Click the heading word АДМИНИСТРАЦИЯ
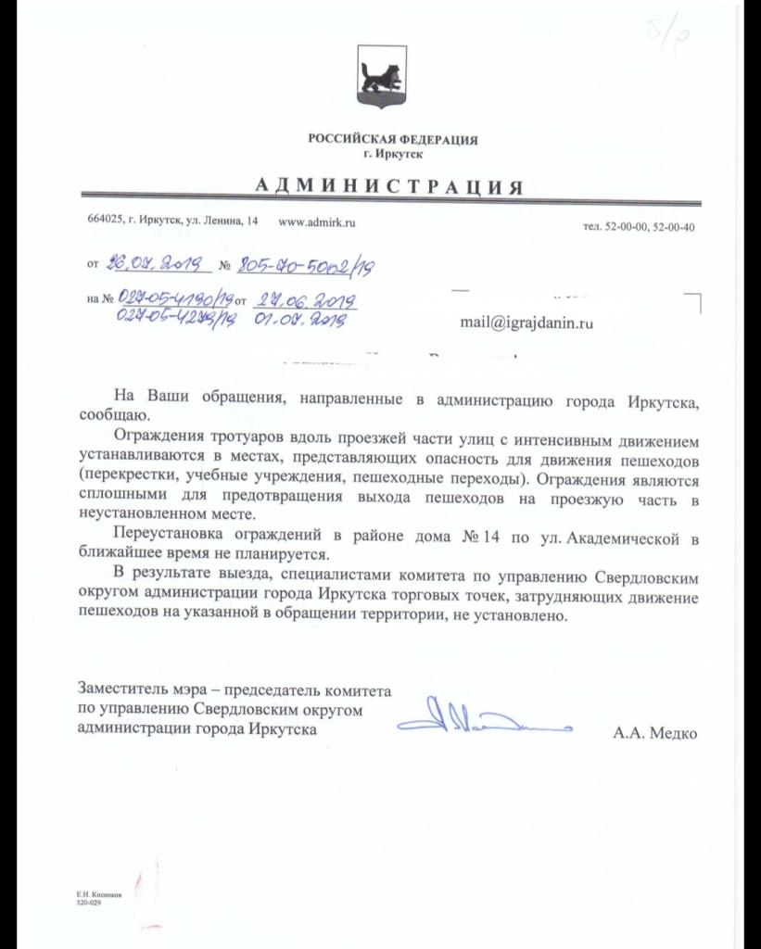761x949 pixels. [388, 186]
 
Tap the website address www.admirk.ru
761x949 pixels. [317, 222]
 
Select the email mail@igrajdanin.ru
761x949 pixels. [526, 323]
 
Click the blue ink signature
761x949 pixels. [482, 720]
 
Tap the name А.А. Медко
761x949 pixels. [653, 733]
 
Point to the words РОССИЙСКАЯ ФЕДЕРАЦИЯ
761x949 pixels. [393, 140]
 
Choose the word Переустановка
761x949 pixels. [163, 536]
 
